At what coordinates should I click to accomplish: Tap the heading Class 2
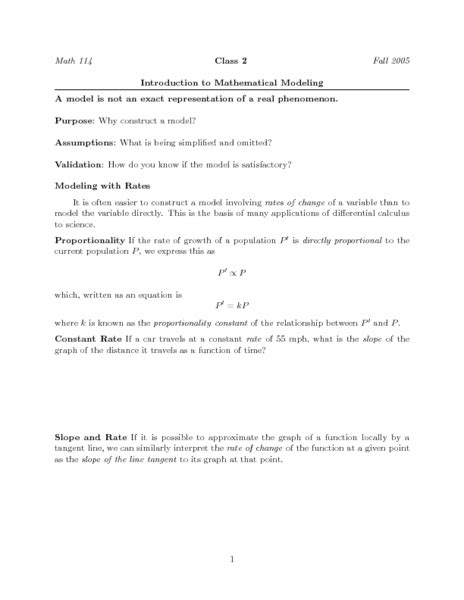click(231, 61)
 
